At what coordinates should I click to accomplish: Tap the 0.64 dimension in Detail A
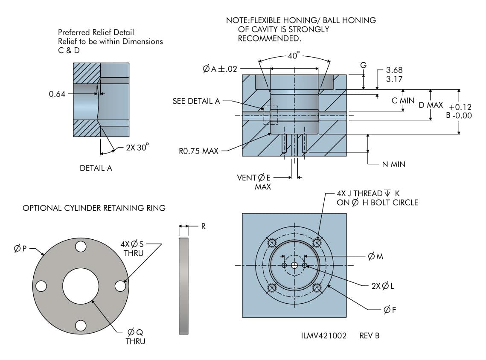coord(57,94)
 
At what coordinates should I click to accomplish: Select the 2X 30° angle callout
coord(137,148)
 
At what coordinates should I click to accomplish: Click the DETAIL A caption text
coord(96,168)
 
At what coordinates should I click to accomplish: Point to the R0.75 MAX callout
coord(199,151)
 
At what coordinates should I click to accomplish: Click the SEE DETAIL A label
coord(196,101)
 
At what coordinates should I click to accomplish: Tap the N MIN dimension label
coord(393,164)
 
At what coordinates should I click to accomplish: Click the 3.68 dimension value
coord(394,70)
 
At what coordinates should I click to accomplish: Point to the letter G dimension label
coord(363,65)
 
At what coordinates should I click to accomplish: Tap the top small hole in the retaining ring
coord(81,247)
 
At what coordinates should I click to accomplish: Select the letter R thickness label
coord(204,226)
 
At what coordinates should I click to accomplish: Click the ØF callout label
coord(390,310)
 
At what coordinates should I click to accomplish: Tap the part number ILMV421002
coord(323,336)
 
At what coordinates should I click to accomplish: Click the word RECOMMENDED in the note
coord(270,38)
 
